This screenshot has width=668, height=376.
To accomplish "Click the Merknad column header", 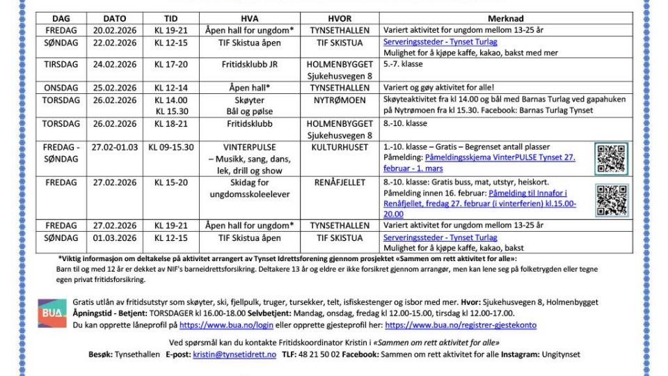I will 506,19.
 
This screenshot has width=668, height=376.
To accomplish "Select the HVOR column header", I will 340,19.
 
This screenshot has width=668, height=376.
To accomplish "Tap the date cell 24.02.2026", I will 120,65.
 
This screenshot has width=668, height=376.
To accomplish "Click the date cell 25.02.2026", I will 120,88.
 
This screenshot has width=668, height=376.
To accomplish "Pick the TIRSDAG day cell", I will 61,65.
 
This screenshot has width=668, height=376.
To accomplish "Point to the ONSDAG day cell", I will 61,88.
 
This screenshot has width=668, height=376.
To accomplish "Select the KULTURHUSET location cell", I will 340,147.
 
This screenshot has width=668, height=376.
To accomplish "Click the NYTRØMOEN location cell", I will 340,100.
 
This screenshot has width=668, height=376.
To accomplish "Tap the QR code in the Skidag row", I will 612,200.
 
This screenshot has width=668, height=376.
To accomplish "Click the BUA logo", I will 52,313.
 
